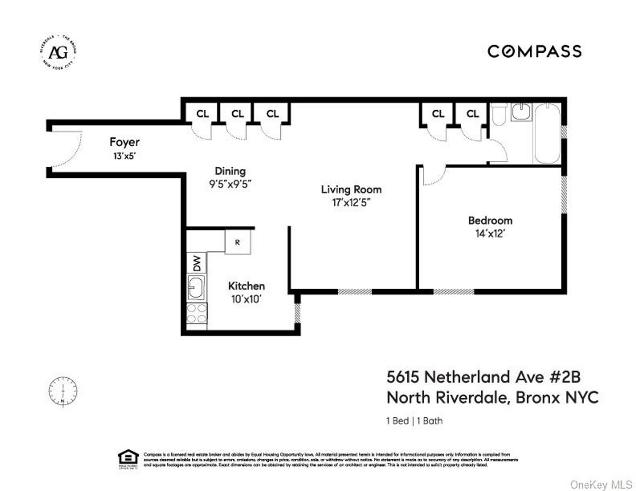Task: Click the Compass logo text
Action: tap(534, 51)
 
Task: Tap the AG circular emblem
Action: tap(56, 52)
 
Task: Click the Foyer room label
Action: tap(125, 142)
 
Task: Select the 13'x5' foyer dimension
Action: tap(125, 156)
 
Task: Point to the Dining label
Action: tap(230, 171)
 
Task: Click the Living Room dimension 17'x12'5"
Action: tap(351, 202)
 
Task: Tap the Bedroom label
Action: tap(490, 220)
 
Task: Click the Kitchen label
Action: tap(246, 286)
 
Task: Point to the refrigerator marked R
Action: tap(237, 242)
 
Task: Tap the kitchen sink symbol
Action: tap(197, 287)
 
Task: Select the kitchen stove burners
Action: tap(197, 314)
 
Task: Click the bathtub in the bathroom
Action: tap(546, 134)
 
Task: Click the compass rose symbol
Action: tap(63, 391)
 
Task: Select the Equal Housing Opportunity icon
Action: tap(128, 459)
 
